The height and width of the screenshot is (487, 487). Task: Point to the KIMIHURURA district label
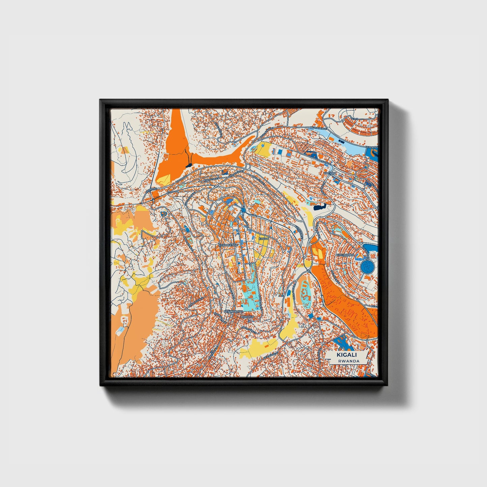(x=345, y=255)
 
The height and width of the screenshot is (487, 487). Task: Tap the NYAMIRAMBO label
(x=231, y=312)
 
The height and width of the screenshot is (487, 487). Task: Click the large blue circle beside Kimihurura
(x=367, y=267)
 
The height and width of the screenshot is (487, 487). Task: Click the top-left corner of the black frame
(x=100, y=100)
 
